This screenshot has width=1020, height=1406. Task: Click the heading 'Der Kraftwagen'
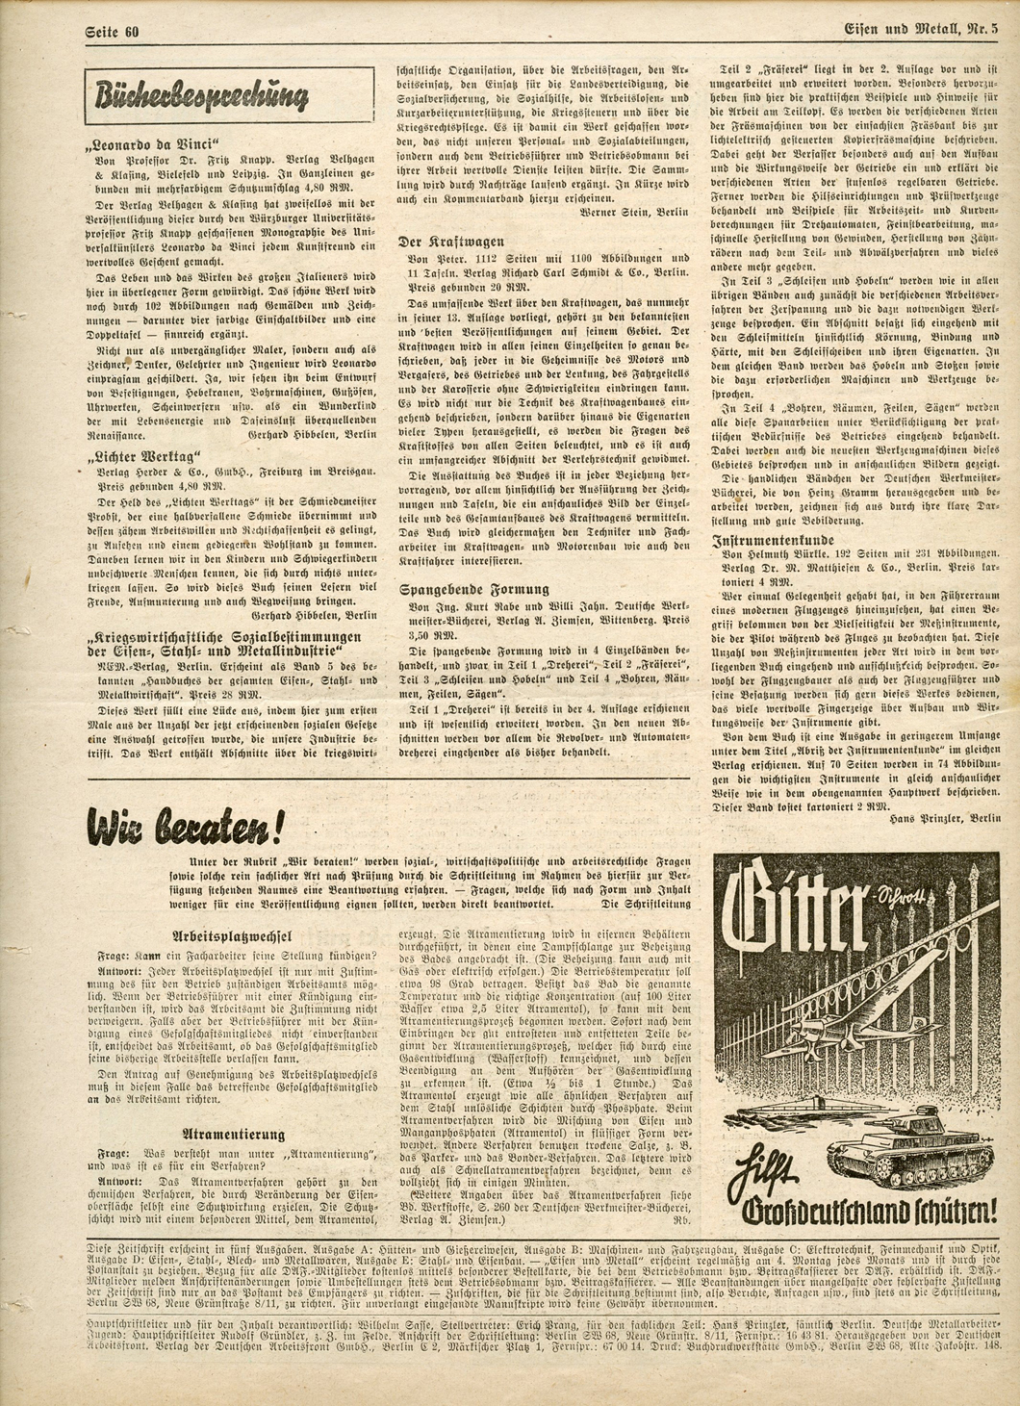tap(451, 242)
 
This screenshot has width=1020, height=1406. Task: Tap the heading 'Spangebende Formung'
tap(474, 588)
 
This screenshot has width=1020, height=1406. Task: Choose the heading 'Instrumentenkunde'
tap(774, 541)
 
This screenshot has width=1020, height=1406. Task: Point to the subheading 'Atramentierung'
tap(235, 1135)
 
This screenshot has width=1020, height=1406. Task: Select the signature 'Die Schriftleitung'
tap(646, 905)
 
